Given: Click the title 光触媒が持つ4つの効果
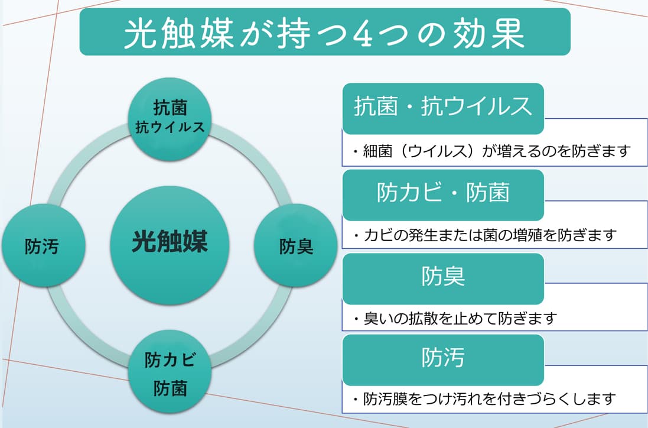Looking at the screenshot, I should [324, 33].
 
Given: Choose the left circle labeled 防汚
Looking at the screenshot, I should [42, 246].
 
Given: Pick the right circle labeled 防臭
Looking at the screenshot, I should [296, 246].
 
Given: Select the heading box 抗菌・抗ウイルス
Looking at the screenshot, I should [442, 107].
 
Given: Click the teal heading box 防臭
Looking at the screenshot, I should [442, 275].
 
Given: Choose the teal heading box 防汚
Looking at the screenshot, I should [442, 356].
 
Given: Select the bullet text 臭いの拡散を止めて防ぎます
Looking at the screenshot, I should [455, 319].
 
